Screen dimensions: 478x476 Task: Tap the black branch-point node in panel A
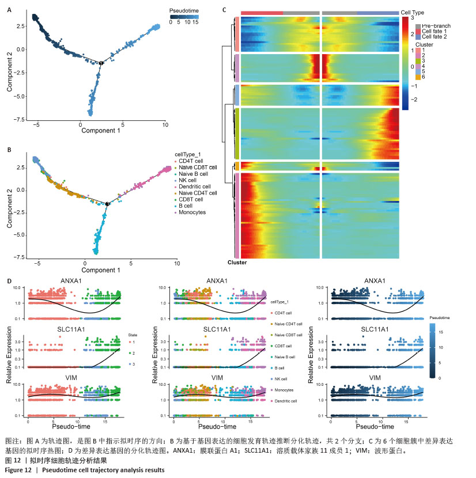click(x=101, y=63)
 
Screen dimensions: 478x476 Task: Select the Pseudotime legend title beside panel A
click(x=184, y=11)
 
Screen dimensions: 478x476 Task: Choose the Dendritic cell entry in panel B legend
click(x=197, y=186)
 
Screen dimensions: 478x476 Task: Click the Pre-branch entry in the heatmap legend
click(x=436, y=26)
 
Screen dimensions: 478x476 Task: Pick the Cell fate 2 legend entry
click(x=436, y=37)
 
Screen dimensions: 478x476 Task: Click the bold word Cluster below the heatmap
click(x=237, y=263)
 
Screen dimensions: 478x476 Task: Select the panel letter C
click(x=225, y=10)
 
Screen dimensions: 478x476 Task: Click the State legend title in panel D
click(x=132, y=333)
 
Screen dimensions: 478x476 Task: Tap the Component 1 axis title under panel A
click(x=100, y=131)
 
